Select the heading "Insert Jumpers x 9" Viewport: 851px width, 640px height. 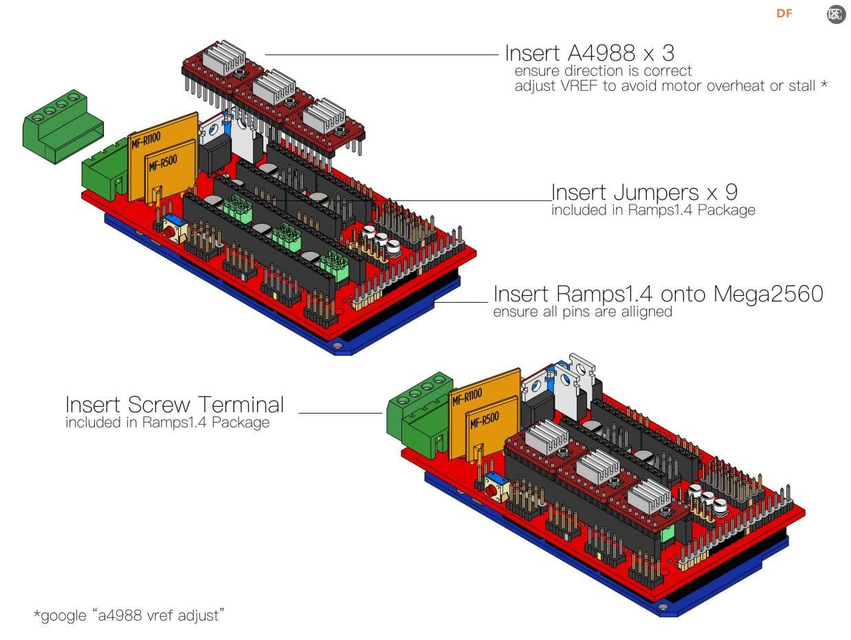644,192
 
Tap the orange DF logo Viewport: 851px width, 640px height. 784,14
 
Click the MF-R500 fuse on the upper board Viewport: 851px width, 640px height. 167,175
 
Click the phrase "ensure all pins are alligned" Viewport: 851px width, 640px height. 582,312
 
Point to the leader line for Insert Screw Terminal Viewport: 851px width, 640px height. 340,413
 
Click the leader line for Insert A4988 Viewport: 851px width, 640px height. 382,55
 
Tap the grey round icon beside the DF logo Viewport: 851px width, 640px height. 835,14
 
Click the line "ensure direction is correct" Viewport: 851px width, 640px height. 603,71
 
